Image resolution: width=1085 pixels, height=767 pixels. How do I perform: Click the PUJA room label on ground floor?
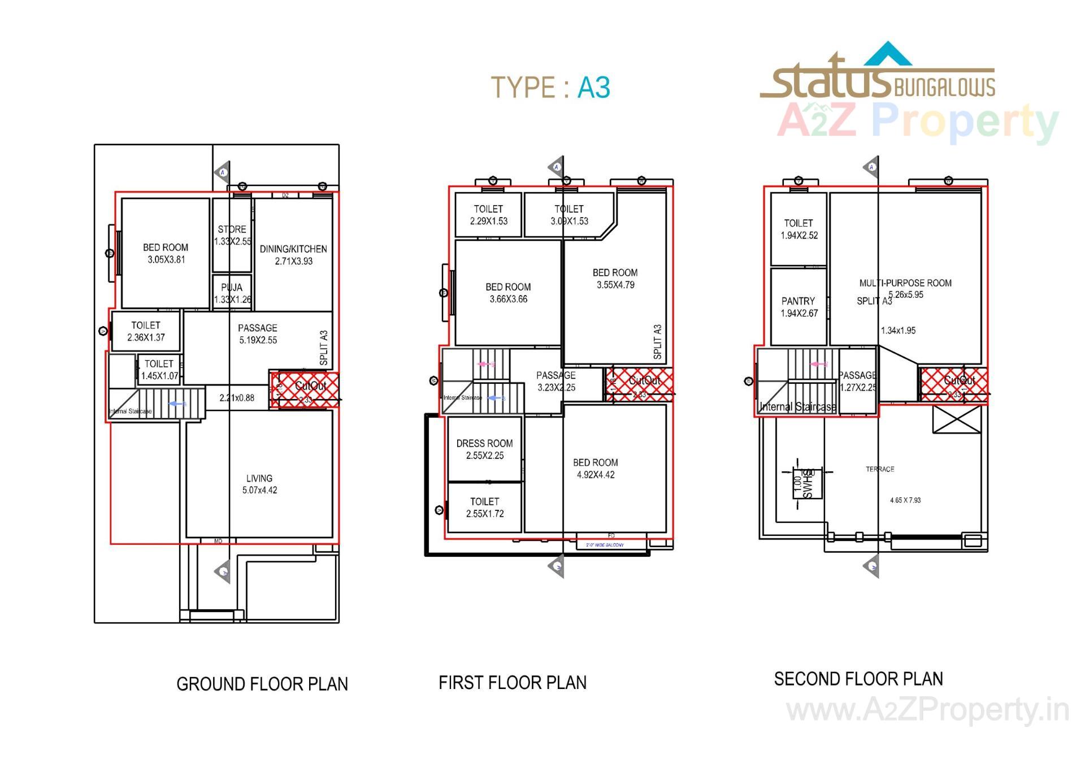click(x=232, y=288)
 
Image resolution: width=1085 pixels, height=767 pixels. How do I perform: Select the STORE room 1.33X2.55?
click(x=232, y=235)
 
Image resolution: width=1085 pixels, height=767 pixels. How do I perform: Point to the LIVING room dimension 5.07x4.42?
click(x=259, y=491)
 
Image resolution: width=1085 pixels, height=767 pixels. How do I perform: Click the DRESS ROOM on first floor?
click(x=484, y=449)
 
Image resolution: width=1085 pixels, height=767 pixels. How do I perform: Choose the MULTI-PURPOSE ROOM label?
click(x=905, y=283)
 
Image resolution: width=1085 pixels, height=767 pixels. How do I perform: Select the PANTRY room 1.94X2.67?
click(x=798, y=307)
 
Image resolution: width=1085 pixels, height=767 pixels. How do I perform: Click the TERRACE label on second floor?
click(x=880, y=469)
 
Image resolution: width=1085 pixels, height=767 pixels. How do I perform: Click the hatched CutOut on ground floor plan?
click(x=305, y=389)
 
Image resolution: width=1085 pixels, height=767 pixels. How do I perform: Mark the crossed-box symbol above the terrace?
click(x=957, y=419)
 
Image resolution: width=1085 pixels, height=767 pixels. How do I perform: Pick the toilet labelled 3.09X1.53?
click(x=569, y=215)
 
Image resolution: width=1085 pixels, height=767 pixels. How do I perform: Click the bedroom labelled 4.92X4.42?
click(x=595, y=469)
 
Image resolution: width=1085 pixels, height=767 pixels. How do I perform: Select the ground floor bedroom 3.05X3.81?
click(x=166, y=253)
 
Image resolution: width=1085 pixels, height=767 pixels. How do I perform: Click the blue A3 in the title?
click(x=593, y=88)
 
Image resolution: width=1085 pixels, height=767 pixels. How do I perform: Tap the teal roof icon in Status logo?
click(x=888, y=54)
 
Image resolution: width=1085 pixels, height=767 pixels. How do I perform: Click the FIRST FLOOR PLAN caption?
click(x=512, y=683)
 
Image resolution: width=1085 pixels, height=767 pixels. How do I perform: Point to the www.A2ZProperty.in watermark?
click(x=927, y=710)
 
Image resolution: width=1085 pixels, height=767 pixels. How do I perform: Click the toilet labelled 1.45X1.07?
click(x=159, y=370)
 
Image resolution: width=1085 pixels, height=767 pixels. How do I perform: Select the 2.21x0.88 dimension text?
click(x=237, y=398)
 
